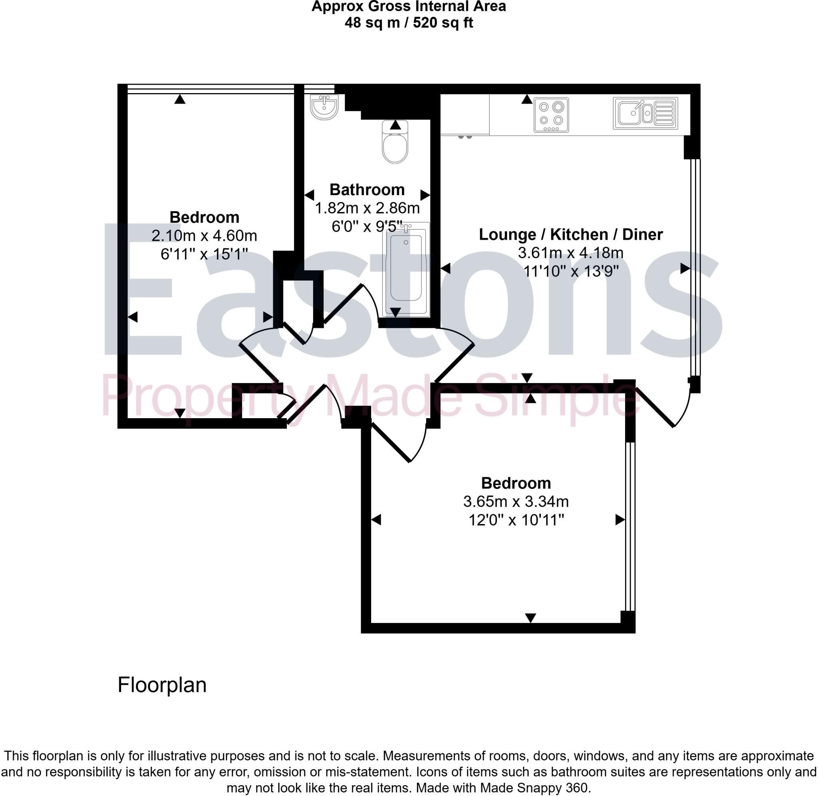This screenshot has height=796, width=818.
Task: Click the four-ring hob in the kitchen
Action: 551,115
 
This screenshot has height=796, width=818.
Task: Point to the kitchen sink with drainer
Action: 645,113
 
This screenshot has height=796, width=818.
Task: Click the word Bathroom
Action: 367,190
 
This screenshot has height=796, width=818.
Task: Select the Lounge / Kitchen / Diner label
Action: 570,234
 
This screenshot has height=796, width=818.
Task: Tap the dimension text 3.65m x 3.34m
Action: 515,501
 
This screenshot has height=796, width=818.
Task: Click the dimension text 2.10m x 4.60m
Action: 204,236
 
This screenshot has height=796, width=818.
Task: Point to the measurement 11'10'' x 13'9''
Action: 570,271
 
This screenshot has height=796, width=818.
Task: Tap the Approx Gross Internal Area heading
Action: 408,6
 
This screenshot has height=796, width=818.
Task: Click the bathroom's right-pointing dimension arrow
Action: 425,195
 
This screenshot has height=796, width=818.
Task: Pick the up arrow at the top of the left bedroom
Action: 180,99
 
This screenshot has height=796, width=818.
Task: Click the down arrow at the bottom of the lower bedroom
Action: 530,617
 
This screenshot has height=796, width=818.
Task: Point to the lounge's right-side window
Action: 694,268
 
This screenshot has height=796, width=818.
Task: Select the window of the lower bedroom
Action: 630,526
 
